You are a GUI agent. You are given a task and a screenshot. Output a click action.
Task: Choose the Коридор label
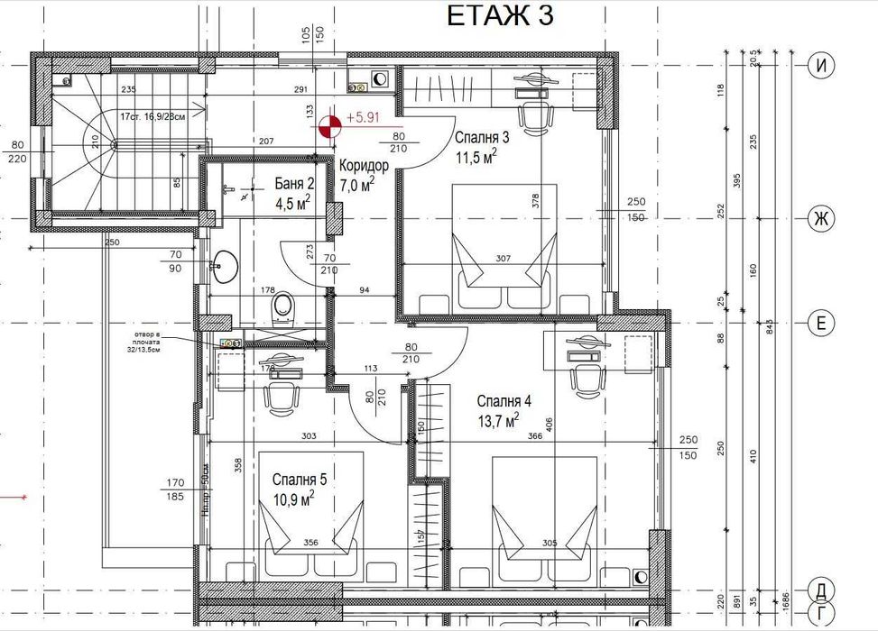tap(364, 167)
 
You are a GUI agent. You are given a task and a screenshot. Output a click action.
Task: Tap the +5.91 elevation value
tap(363, 116)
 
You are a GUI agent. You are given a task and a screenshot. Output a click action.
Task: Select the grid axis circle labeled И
tap(820, 65)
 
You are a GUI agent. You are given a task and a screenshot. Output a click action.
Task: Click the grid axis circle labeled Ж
tap(820, 218)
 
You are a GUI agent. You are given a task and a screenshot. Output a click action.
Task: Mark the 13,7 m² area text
tap(497, 420)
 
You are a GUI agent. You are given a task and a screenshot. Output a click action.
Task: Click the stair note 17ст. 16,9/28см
tap(152, 115)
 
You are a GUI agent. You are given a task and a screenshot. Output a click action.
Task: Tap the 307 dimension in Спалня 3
tap(503, 259)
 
